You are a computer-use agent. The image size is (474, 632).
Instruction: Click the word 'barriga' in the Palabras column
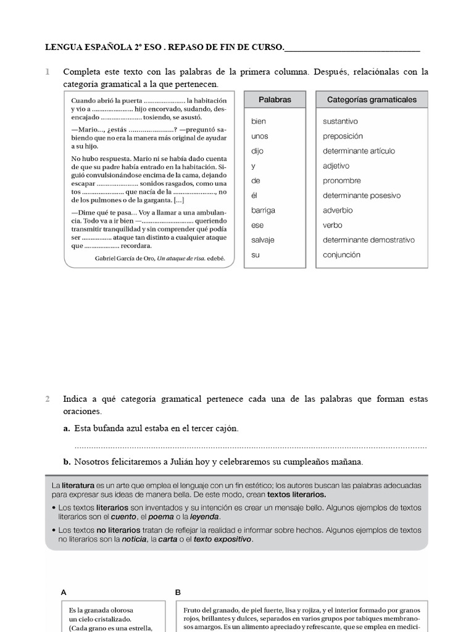point(263,210)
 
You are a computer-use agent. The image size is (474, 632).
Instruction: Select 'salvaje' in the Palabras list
point(263,240)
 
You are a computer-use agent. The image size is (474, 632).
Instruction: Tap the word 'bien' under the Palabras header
point(259,122)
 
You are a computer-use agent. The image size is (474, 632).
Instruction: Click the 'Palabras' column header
point(275,99)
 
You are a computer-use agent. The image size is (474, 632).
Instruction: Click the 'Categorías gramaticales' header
point(372,99)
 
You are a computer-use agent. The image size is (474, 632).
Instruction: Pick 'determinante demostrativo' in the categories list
point(368,240)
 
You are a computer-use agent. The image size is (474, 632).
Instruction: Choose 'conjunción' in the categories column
point(341,255)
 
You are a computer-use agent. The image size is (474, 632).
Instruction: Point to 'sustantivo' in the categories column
point(340,122)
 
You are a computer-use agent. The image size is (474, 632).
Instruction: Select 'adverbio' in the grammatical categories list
point(338,210)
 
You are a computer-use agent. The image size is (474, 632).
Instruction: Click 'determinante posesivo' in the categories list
point(362,196)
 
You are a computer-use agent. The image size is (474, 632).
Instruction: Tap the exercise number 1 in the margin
point(48,73)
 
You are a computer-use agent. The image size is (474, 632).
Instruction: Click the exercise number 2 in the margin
point(48,399)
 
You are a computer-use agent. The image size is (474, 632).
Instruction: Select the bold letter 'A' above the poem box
point(64,592)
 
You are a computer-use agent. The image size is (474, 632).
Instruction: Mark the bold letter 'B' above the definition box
point(178,592)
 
